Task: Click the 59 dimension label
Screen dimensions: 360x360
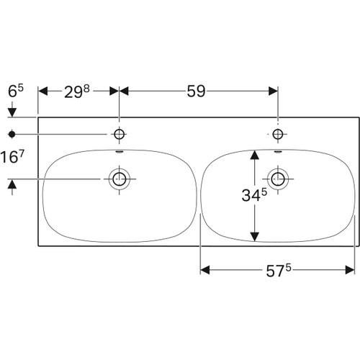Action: coord(195,91)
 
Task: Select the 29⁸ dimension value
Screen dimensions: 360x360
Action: coord(76,91)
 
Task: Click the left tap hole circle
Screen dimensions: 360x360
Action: coord(119,134)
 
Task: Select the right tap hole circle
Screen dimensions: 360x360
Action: coord(278,134)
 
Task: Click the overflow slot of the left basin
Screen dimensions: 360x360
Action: coord(119,152)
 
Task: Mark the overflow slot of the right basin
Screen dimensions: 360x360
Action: coord(278,152)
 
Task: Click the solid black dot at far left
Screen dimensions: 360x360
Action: coord(12,134)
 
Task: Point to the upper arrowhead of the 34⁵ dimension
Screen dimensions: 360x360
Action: coord(253,153)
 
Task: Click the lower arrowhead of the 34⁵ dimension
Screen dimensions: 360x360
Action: coord(253,237)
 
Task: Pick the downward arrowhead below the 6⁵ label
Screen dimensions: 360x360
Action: coord(12,112)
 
